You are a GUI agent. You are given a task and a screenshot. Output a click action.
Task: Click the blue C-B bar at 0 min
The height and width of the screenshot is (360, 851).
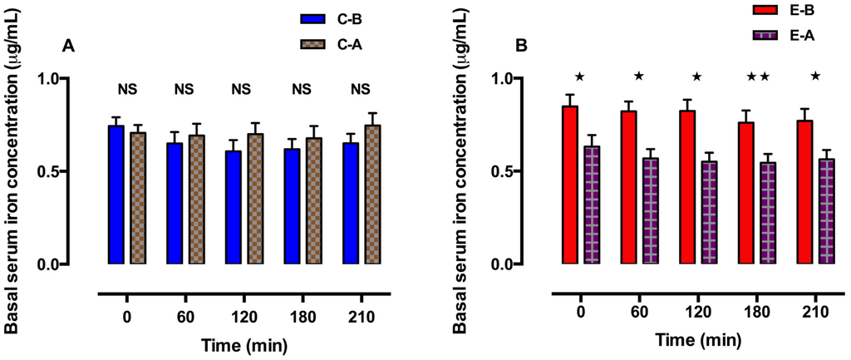point(116,195)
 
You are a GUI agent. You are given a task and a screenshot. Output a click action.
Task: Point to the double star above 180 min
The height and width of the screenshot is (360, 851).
point(757,77)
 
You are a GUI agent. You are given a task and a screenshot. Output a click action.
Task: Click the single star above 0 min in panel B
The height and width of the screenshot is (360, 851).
point(579,77)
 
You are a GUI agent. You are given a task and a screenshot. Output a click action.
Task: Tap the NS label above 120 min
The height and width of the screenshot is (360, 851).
point(240,89)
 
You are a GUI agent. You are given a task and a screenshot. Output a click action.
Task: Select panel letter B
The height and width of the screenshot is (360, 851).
point(521,47)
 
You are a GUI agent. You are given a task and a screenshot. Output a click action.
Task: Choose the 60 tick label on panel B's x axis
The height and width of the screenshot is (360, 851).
point(638,315)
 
